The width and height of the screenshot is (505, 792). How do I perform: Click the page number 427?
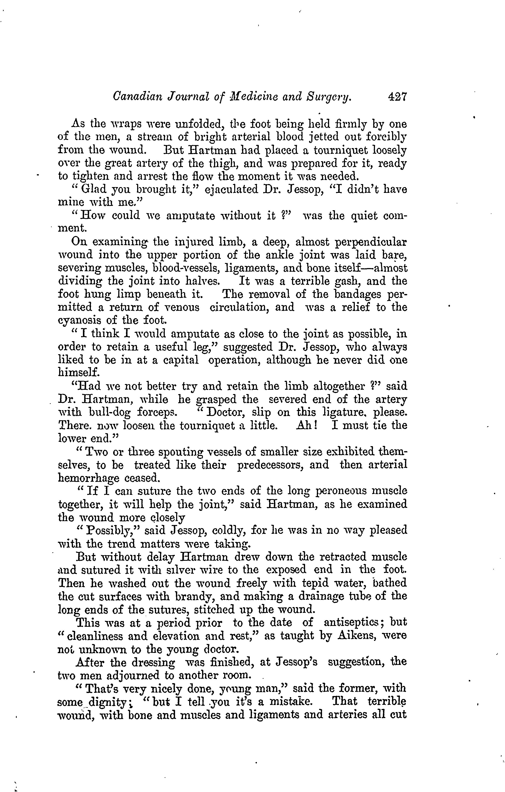tap(397, 97)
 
